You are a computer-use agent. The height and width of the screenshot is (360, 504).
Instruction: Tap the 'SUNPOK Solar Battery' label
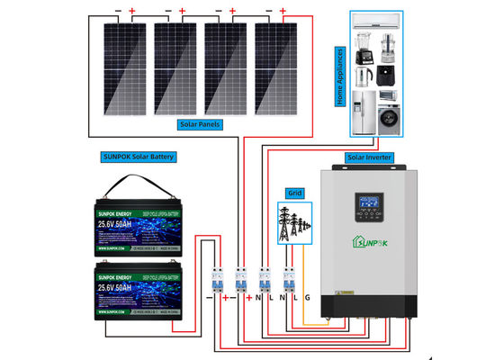[x=139, y=156]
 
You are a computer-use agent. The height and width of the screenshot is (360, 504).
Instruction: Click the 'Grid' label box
[x=294, y=193]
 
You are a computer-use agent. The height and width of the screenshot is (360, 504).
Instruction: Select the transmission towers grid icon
[x=293, y=225]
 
